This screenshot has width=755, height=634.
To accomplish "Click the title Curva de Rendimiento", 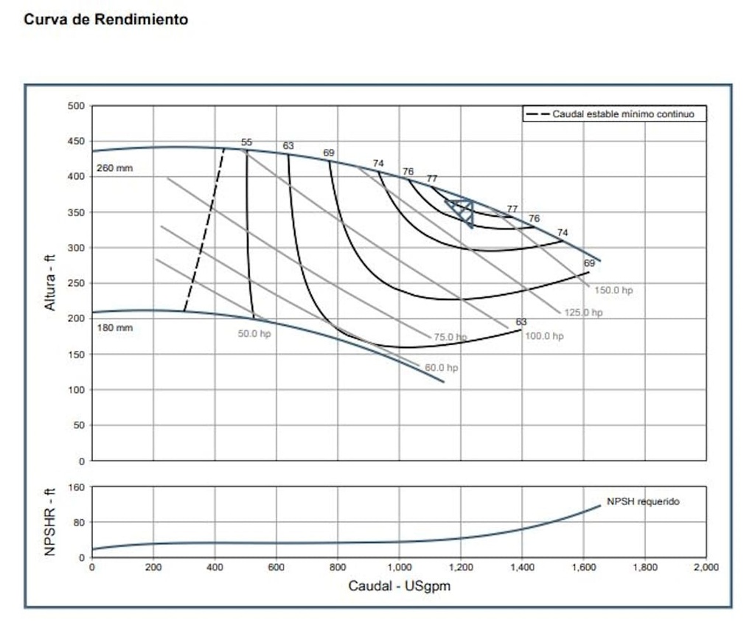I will click(x=105, y=20).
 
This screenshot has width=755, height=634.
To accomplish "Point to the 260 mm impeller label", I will click(x=114, y=168).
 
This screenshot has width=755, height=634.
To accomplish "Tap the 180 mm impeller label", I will click(x=114, y=327).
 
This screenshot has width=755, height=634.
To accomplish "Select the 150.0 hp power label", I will click(x=613, y=290).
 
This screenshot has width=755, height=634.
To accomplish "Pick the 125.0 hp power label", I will click(x=583, y=313).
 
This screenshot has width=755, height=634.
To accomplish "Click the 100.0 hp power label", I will click(x=544, y=336).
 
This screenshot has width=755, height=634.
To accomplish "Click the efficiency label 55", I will click(x=246, y=142).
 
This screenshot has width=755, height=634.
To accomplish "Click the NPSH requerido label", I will click(x=643, y=501).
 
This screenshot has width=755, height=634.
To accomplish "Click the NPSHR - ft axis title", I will click(x=50, y=521).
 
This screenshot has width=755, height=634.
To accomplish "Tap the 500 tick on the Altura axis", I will click(x=77, y=105).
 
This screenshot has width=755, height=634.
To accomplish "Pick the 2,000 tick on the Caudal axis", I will click(x=706, y=568).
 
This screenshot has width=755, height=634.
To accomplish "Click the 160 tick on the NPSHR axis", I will click(x=77, y=487).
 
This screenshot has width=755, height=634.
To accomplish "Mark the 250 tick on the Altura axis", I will click(x=77, y=283).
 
